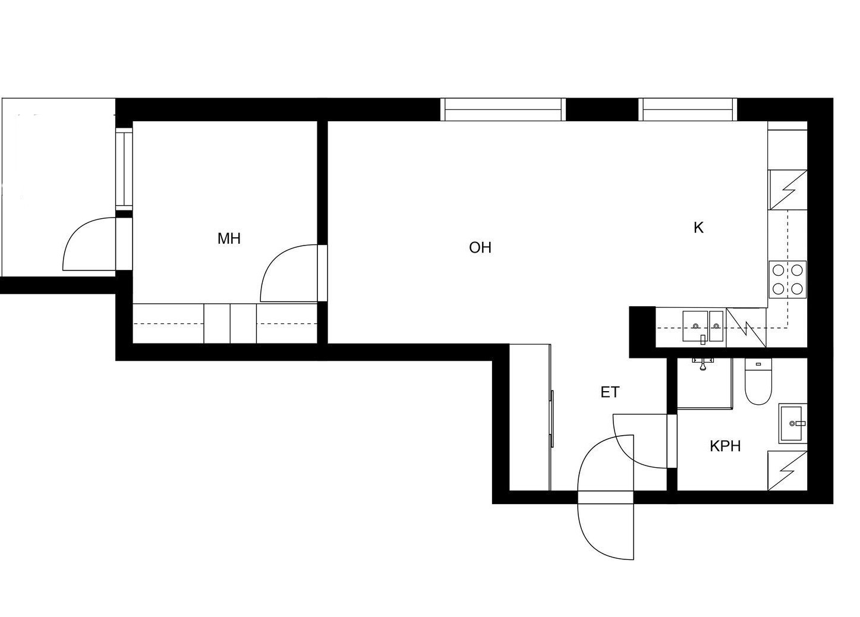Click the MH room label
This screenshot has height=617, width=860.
229,238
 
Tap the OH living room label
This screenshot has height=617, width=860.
480,248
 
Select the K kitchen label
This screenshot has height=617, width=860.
698,228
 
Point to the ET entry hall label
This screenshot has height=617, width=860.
610,392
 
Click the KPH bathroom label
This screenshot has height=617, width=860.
725,446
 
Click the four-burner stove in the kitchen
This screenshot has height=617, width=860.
787,279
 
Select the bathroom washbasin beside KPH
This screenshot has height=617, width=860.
793,423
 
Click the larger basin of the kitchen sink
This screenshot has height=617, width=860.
695,326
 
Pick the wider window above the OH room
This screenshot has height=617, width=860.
503,109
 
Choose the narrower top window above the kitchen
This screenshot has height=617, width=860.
688,109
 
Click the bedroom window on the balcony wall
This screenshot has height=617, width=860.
124,169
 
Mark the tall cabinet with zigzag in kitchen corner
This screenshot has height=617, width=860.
787,190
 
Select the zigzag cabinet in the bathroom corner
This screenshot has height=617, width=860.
787,471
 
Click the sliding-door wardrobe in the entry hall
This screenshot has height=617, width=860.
531,417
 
